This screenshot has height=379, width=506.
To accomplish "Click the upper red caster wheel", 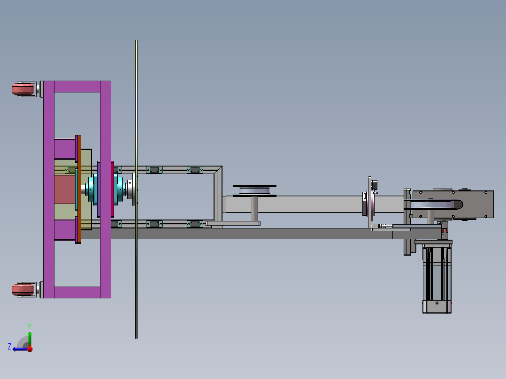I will point(23,89).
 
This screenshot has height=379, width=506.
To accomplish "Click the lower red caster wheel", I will point(23,289).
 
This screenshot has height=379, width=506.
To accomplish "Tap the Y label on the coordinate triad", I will point(29,325).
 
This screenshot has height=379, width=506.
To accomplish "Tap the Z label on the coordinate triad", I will point(9,346).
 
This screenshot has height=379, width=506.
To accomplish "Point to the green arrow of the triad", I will point(30,338).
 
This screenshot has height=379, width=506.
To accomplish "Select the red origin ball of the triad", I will point(30,349).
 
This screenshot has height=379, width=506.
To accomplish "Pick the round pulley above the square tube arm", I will point(254,190).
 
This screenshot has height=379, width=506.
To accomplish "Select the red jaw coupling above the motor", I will point(444,231).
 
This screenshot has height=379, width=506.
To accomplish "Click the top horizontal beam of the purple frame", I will point(77,86).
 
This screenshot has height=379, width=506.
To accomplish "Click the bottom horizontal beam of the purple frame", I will point(77,292).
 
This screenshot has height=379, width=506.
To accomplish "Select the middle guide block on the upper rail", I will point(153,169).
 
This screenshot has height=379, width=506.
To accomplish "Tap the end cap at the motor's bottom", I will point(437,307).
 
